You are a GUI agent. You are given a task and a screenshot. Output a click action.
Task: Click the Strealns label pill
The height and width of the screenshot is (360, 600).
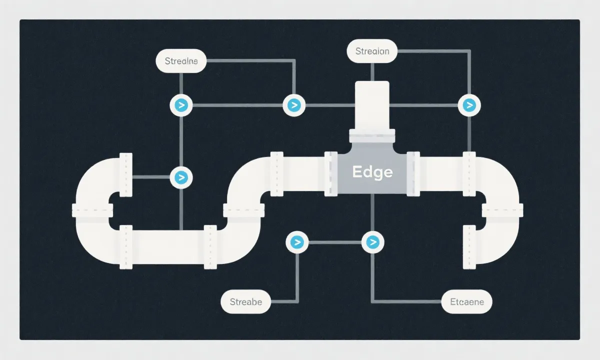point(181,61)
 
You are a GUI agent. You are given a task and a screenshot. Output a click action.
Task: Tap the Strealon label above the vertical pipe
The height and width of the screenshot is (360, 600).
point(371,51)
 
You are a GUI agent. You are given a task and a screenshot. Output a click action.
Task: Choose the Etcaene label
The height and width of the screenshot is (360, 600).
point(467,302)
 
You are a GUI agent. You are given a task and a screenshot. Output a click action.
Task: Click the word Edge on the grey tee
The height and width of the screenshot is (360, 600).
point(372,172)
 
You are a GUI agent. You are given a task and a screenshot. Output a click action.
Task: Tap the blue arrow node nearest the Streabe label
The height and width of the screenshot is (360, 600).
point(297,242)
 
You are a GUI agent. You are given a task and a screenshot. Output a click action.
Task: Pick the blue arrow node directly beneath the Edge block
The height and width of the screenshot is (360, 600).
point(372,242)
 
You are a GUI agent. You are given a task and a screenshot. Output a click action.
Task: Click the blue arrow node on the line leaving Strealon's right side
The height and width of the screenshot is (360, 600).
point(469,105)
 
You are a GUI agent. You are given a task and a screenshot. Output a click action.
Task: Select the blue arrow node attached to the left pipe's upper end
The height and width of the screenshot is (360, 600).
point(181,177)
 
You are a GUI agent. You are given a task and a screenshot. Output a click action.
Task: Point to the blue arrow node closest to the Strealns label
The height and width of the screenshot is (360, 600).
point(181,105)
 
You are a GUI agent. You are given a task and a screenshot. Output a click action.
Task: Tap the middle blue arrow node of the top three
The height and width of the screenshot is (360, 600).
point(294,105)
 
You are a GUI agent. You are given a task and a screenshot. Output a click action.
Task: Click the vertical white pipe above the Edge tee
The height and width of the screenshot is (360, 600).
point(371,105)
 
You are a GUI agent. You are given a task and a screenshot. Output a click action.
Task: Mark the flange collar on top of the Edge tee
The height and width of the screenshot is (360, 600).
point(371,134)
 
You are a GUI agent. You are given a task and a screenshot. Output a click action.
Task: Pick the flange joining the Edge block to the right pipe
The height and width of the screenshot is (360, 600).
point(413,172)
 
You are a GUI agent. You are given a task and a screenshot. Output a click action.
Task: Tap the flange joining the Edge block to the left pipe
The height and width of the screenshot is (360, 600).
point(331,172)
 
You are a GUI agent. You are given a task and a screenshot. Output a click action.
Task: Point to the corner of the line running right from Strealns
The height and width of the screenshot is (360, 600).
point(293,61)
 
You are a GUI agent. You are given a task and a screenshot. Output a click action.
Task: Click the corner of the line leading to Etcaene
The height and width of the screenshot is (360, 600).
point(372,302)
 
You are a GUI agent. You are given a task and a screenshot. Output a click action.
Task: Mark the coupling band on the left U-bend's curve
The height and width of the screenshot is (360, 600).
point(92,210)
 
